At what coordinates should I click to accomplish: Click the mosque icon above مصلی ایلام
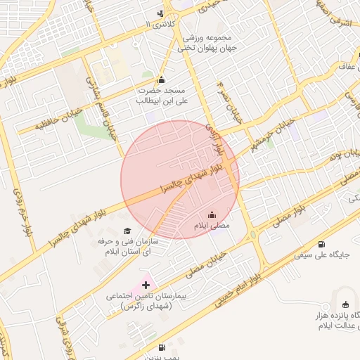212,214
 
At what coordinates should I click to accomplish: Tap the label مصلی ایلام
212,226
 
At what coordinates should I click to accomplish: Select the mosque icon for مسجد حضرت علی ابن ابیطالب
162,79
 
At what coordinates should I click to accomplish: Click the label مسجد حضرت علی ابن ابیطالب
161,96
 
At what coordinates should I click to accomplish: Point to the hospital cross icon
146,285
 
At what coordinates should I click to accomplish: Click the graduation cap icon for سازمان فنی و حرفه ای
127,231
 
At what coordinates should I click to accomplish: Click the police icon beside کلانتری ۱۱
162,13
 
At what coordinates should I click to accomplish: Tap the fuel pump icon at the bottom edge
162,347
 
